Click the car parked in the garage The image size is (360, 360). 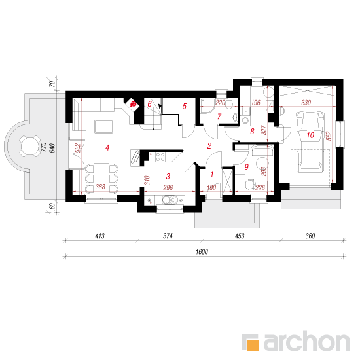point(310,141)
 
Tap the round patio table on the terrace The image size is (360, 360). point(30,146)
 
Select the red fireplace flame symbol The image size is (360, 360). point(133,104)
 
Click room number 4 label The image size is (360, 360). point(107,148)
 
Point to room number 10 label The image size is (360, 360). point(310,135)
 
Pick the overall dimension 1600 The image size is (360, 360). point(202,252)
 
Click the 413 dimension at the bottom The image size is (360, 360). point(100,236)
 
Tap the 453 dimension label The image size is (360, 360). point(240,236)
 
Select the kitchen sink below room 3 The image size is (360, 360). point(170,200)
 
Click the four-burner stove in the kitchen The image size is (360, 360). point(160,157)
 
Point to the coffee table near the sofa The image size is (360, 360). point(104,126)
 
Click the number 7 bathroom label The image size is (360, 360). point(219,117)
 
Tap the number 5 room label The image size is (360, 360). point(185,106)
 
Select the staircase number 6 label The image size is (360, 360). point(149,104)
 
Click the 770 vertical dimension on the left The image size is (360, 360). point(44,147)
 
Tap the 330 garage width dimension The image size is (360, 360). point(306,103)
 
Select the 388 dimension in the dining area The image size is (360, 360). point(100,187)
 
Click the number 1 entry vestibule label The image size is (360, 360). point(212,175)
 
